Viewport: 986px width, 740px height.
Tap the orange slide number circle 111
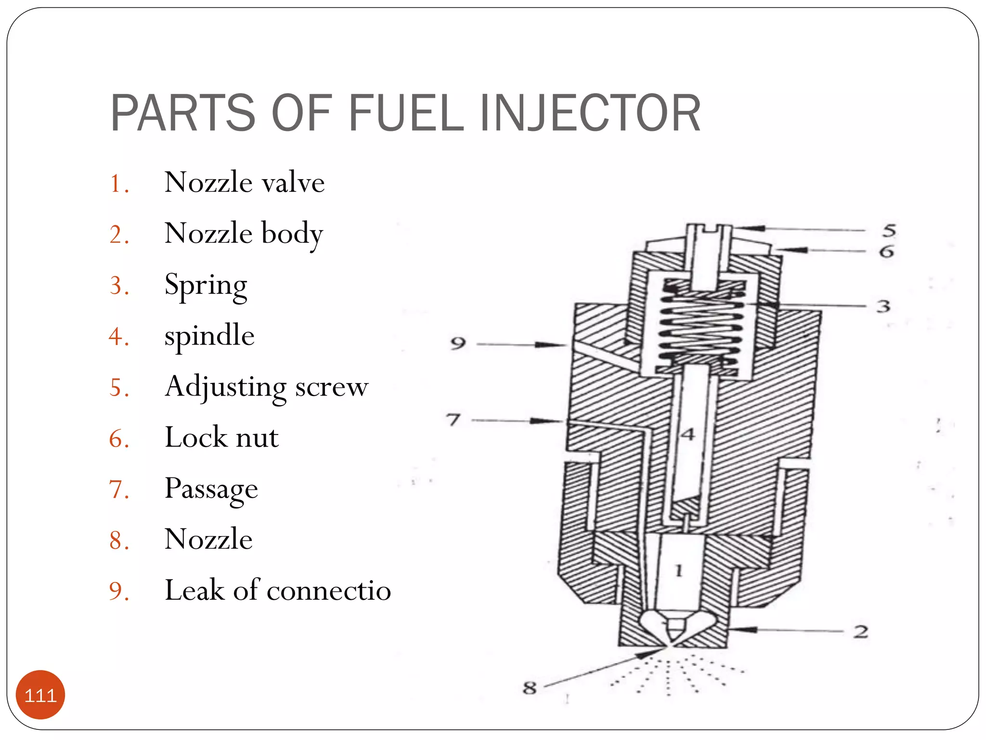(40, 695)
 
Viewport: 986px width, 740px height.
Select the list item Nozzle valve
(244, 183)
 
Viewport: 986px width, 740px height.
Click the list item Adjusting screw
(266, 387)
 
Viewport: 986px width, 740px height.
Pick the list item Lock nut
(221, 437)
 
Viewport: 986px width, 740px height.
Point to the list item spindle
(209, 336)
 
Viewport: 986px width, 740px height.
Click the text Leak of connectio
(277, 590)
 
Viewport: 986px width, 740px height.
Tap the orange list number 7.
(118, 489)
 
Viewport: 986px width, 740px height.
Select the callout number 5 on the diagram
(889, 230)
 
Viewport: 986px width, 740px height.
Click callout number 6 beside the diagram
(886, 251)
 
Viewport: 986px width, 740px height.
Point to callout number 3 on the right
(883, 306)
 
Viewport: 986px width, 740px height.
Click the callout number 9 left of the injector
(458, 344)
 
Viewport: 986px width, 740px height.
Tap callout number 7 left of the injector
(453, 420)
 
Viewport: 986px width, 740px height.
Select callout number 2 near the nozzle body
(861, 632)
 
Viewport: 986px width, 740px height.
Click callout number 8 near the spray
(530, 687)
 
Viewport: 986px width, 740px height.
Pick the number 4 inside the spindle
(688, 435)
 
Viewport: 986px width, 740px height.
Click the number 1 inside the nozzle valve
(679, 571)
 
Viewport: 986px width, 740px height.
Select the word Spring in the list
(206, 285)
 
